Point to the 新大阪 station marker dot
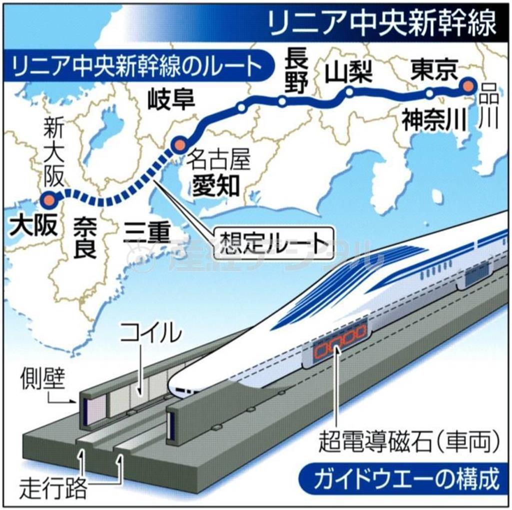pyautogui.click(x=49, y=200)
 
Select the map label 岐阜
pyautogui.click(x=170, y=101)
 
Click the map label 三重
pyautogui.click(x=145, y=232)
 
